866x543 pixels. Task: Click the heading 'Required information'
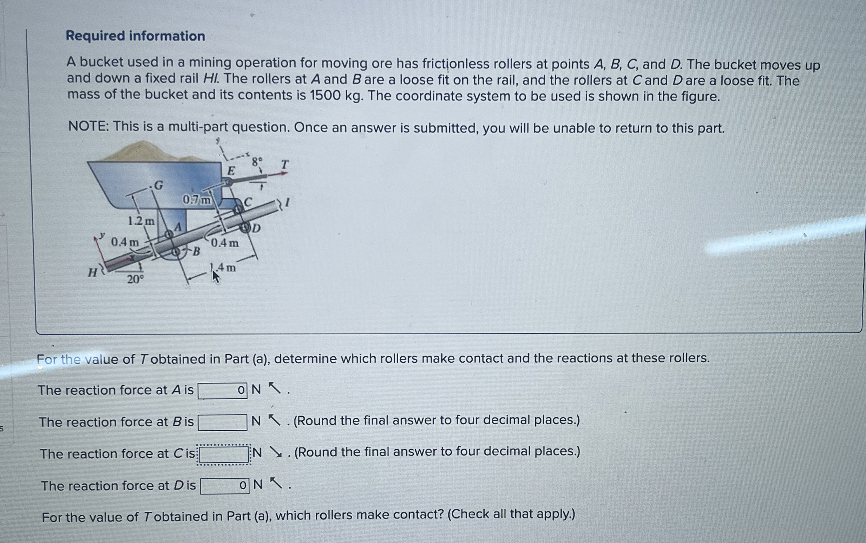pos(135,36)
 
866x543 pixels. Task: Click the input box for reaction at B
pos(222,422)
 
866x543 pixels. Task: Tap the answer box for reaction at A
pos(222,391)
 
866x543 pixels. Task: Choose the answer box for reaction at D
pos(224,486)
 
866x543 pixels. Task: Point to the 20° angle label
pos(135,279)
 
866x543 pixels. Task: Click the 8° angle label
pos(257,162)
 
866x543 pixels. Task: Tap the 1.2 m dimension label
pos(141,221)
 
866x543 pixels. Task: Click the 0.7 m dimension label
pos(197,200)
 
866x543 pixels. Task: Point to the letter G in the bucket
pos(158,185)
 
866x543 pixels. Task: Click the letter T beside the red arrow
pos(284,164)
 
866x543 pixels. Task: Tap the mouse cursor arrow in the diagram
pos(215,277)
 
